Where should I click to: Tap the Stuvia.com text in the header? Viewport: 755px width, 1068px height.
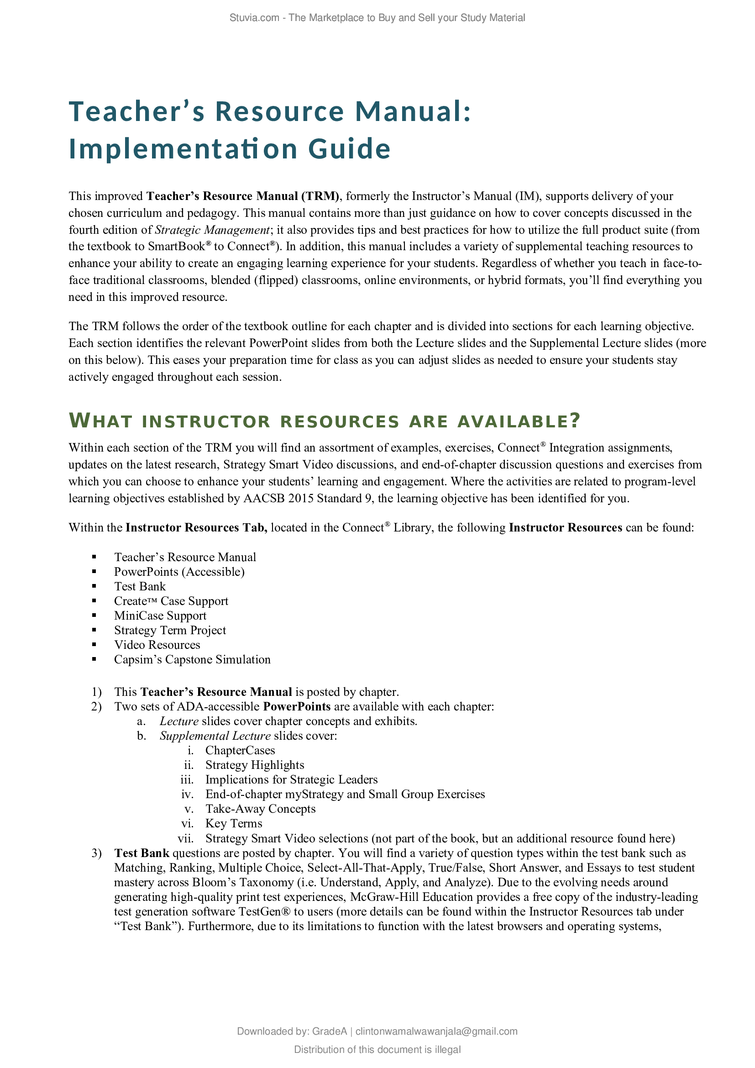tap(254, 18)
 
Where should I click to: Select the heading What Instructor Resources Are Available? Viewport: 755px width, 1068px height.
tap(325, 421)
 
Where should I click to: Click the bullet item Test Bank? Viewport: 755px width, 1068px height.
tap(140, 586)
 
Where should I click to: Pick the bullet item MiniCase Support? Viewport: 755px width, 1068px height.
tap(160, 616)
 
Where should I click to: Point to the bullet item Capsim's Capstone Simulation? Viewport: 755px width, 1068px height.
tap(192, 659)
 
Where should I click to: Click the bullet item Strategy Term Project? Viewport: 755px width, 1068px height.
tap(170, 630)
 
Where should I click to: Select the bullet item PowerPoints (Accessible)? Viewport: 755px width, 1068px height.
tap(179, 571)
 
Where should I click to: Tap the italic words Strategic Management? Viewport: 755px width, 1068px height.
tap(212, 230)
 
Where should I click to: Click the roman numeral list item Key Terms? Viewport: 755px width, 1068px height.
tap(233, 823)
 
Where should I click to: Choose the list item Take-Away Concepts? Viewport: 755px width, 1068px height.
tap(260, 809)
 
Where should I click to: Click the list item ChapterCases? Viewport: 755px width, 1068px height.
tap(240, 750)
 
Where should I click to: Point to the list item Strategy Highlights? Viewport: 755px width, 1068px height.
tap(254, 765)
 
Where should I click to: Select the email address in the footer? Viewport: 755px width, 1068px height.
tap(436, 1031)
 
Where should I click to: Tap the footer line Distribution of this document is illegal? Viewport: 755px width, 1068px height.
tap(377, 1049)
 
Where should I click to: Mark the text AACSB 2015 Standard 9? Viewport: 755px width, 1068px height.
tap(307, 498)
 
